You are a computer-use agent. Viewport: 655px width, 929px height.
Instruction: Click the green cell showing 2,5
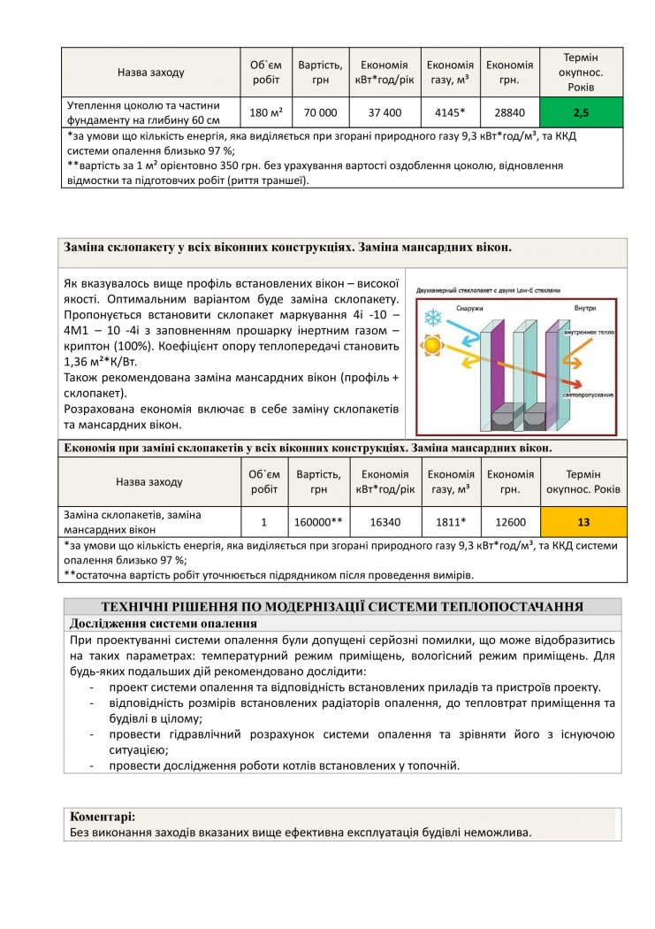pos(581,112)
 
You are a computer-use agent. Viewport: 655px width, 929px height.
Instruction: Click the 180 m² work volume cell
pos(265,112)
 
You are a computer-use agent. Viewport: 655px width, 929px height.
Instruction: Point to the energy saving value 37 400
pos(385,112)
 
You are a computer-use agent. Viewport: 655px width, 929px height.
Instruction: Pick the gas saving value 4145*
pos(450,112)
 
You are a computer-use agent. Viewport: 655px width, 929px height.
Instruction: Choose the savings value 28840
pos(510,112)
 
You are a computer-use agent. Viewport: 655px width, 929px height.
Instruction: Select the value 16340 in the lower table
pos(385,522)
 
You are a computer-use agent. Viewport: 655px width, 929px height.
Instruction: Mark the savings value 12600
pos(510,522)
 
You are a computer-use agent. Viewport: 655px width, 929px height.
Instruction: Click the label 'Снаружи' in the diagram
pos(469,308)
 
